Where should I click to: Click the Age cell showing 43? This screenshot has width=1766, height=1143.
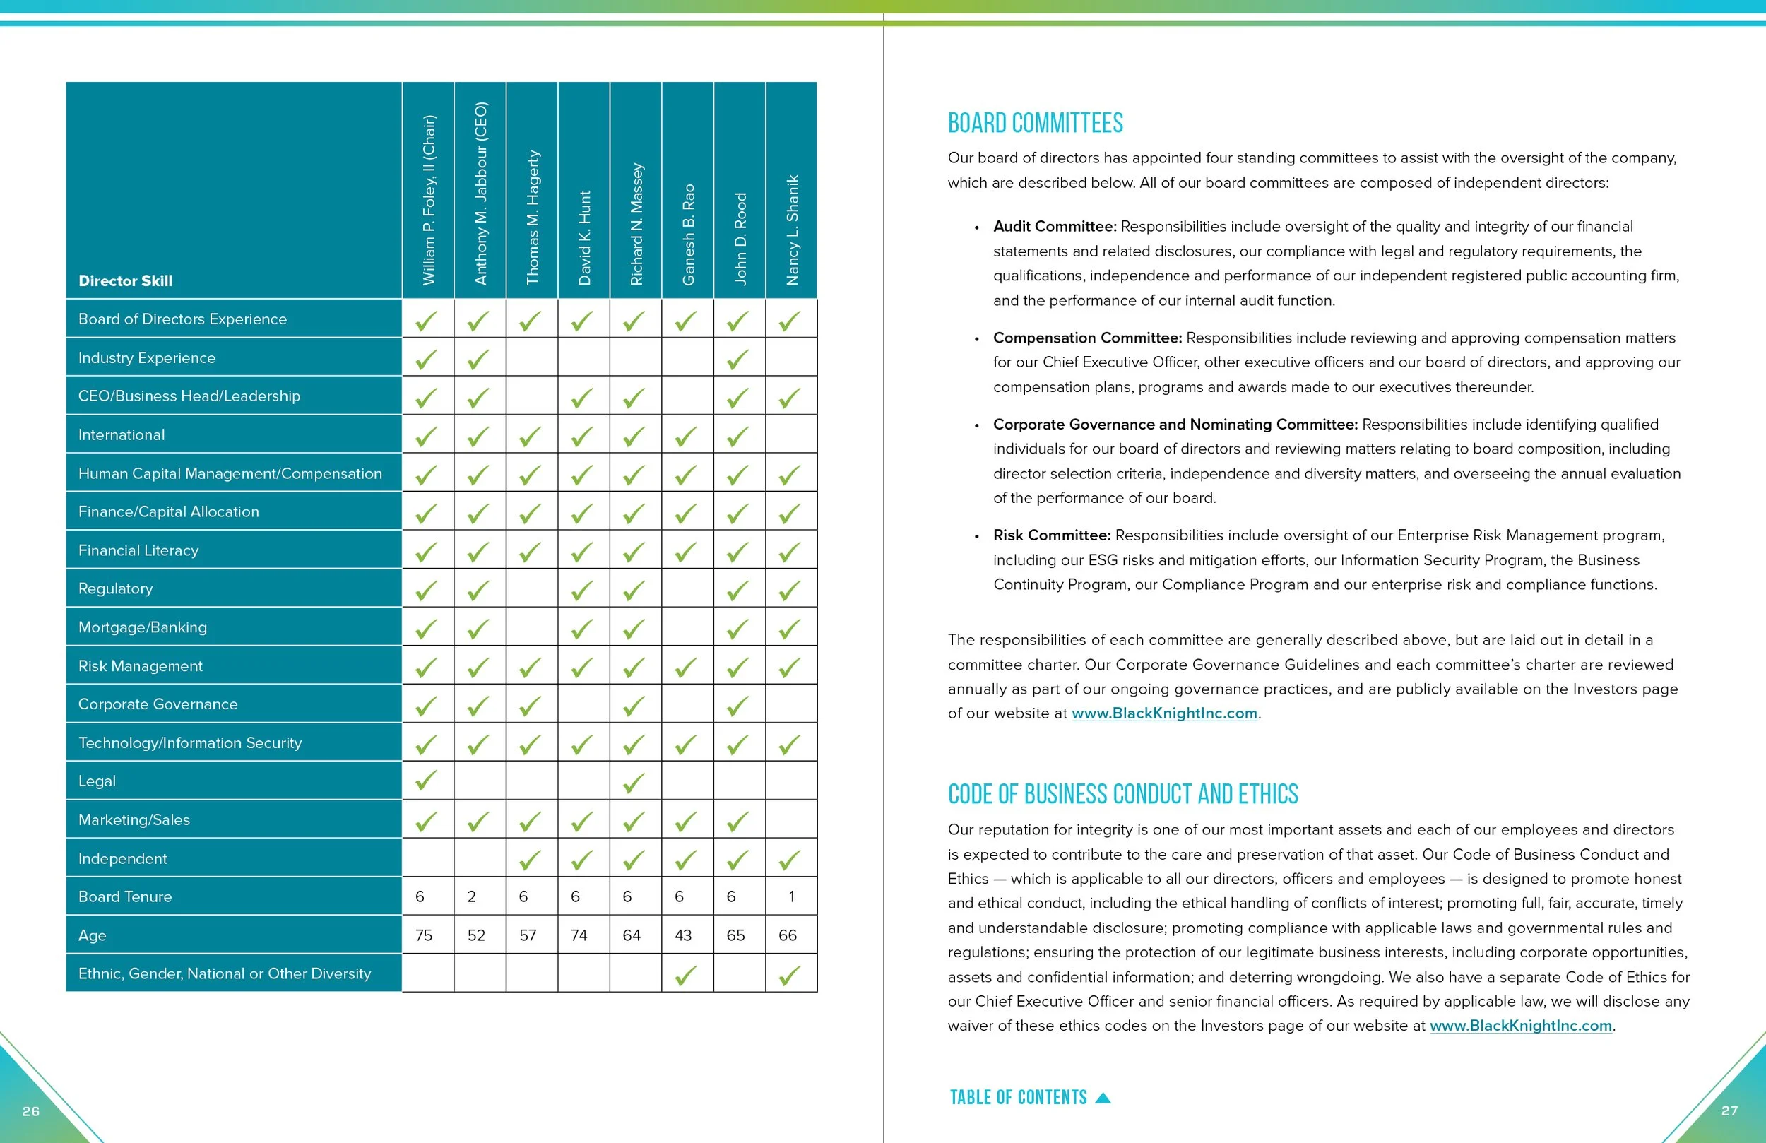click(682, 935)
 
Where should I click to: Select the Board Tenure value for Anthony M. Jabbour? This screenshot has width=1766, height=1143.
click(471, 896)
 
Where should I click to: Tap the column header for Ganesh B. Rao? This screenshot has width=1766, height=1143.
click(688, 234)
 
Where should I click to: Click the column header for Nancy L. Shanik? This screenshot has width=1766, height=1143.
click(792, 230)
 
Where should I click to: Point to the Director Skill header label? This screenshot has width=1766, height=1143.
click(126, 280)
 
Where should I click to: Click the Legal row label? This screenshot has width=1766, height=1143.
click(97, 781)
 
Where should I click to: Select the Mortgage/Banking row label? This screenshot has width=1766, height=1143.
click(143, 627)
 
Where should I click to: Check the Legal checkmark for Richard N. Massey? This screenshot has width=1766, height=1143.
click(634, 782)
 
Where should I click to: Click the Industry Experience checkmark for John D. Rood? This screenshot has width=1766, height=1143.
click(737, 360)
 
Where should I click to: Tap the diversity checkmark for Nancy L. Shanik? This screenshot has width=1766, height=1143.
click(790, 976)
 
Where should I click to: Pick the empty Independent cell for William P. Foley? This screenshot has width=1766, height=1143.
click(428, 858)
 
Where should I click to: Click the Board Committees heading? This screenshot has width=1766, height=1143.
click(1035, 123)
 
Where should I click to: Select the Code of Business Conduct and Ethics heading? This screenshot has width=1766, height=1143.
click(1122, 794)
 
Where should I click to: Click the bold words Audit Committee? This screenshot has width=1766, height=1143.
click(1055, 226)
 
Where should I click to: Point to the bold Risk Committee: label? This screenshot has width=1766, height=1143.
click(1051, 535)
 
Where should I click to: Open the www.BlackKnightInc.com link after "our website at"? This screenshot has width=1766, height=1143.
click(1164, 713)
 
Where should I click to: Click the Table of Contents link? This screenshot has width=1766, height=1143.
click(1029, 1098)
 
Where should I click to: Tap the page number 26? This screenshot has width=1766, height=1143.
click(31, 1111)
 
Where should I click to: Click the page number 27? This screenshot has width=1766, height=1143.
click(1729, 1111)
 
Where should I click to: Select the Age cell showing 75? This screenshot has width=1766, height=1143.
click(424, 935)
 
